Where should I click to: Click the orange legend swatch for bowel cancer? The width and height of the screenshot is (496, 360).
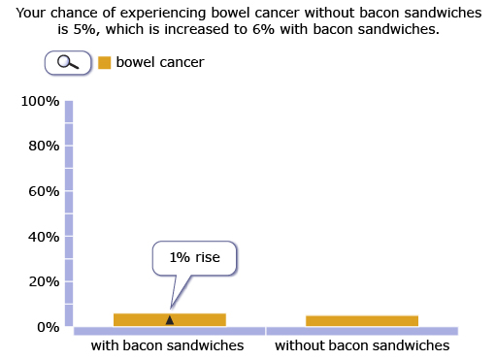point(105,62)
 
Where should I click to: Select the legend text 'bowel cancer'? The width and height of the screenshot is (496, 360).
point(160,62)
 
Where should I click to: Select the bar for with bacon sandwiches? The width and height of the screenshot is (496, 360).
point(169,319)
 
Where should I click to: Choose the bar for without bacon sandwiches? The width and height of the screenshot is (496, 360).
point(361,320)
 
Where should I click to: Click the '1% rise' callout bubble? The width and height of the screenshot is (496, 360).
point(194,258)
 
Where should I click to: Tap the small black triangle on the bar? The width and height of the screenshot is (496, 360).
point(170,319)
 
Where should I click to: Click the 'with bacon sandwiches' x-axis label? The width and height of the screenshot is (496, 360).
point(167,345)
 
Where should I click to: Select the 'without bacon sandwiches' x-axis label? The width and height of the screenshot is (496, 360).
point(362,345)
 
